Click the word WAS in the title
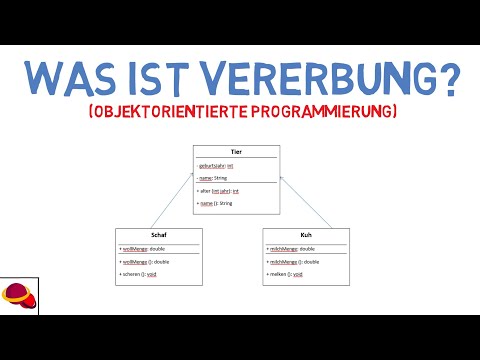click(x=72, y=75)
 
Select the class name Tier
click(x=236, y=152)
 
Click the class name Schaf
click(x=159, y=235)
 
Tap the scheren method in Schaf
click(x=140, y=272)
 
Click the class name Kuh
click(x=307, y=235)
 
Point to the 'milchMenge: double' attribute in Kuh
click(x=292, y=248)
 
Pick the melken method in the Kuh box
click(x=286, y=272)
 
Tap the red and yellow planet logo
click(x=17, y=296)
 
